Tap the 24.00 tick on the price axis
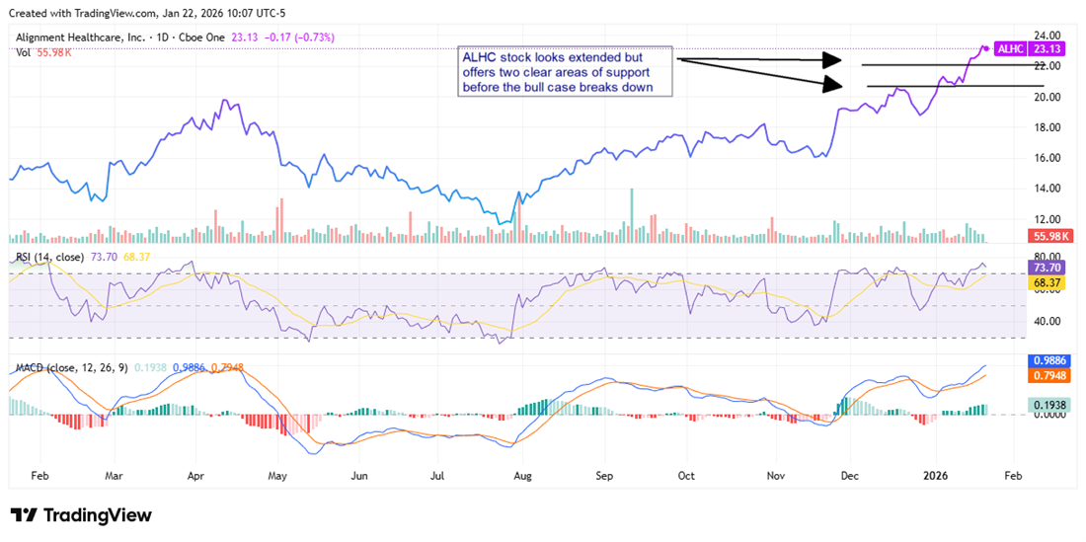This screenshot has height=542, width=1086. [x=1047, y=36]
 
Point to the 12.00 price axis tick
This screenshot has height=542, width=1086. [x=1047, y=219]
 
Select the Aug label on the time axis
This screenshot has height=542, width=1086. [x=523, y=475]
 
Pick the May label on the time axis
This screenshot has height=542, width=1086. [x=277, y=475]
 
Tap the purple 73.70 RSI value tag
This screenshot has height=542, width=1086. [x=1048, y=268]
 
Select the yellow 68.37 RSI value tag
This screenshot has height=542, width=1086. [x=1048, y=283]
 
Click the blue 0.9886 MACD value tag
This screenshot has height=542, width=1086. [x=1048, y=361]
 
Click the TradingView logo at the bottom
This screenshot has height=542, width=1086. [x=81, y=515]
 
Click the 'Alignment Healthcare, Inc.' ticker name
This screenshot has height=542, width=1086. [x=81, y=38]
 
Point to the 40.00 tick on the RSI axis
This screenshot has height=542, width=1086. [x=1047, y=321]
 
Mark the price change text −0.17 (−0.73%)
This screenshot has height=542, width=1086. [x=300, y=38]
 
